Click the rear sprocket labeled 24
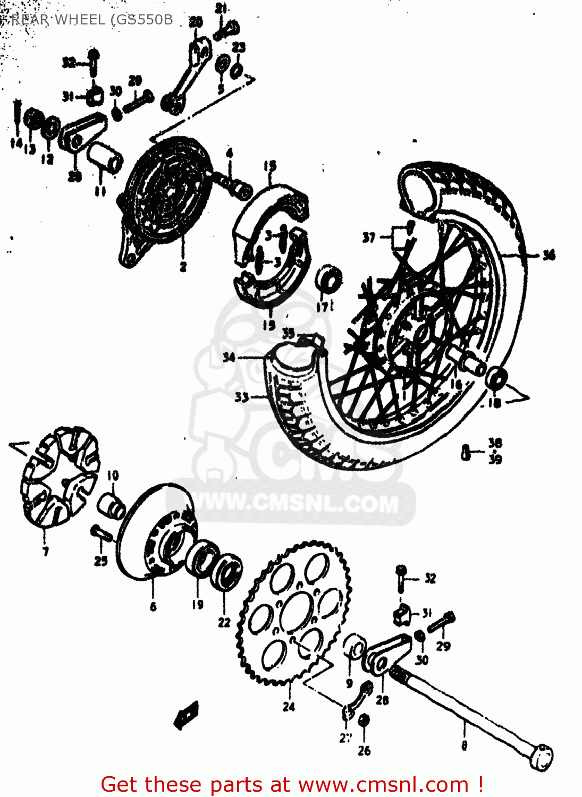(294, 611)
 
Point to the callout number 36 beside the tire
(548, 255)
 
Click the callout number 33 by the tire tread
(241, 397)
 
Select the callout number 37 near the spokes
(369, 238)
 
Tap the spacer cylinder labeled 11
(105, 157)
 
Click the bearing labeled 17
(328, 279)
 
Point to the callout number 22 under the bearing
(224, 622)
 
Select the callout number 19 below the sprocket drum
(197, 604)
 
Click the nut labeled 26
(364, 720)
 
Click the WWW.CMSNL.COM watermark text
(296, 503)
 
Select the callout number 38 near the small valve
(495, 443)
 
